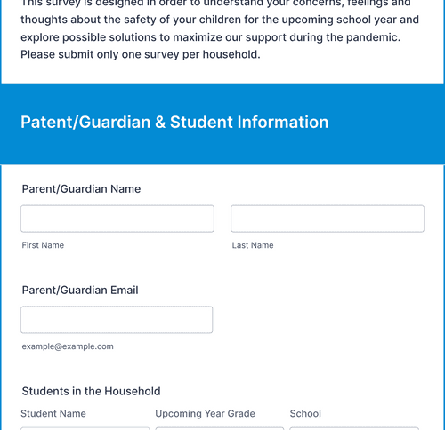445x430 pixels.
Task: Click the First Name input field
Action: (117, 219)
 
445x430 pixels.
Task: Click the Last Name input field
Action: (327, 219)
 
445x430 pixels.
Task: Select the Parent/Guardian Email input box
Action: (116, 320)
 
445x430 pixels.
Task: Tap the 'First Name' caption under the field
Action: (43, 245)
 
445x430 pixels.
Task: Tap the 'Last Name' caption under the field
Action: (252, 245)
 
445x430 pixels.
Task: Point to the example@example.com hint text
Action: (68, 346)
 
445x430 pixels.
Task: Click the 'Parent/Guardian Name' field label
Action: (81, 189)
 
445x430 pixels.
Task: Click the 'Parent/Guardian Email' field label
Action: (80, 291)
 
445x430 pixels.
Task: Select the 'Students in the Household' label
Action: (91, 391)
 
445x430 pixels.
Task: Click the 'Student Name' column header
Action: (53, 414)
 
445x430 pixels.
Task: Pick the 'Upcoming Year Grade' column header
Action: (205, 414)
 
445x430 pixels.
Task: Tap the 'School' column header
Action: (305, 414)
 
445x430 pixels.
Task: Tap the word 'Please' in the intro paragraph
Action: (41, 55)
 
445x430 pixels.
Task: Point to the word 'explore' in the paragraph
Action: (42, 37)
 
